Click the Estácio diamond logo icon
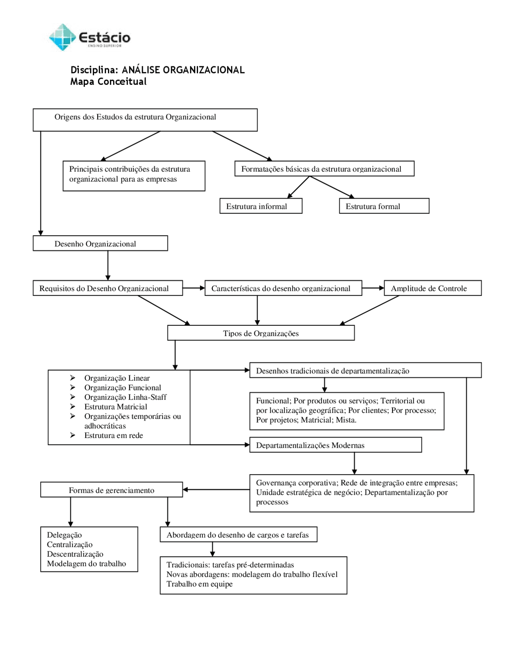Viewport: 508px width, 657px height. click(62, 37)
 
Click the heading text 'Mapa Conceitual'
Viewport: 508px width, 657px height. click(108, 82)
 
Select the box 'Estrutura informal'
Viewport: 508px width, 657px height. click(261, 206)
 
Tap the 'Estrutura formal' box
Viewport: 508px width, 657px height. click(384, 206)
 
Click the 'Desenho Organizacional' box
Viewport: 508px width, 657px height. click(100, 243)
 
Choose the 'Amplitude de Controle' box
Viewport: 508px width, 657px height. click(433, 288)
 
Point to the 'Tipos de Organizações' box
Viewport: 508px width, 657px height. click(261, 333)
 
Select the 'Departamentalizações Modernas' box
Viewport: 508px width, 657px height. click(336, 445)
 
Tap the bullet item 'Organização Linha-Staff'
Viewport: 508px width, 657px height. click(125, 397)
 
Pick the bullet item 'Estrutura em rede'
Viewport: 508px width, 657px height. click(114, 435)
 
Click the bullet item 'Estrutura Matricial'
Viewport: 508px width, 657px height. click(115, 407)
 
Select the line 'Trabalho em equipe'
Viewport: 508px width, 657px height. click(200, 584)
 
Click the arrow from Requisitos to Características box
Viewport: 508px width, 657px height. click(194, 288)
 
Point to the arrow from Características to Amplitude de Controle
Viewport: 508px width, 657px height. click(373, 288)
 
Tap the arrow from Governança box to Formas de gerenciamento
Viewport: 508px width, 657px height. click(216, 490)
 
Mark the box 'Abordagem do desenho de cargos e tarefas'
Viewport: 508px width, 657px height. click(239, 534)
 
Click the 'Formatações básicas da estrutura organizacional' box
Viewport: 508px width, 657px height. click(325, 168)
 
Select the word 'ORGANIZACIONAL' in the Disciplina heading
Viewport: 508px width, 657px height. click(204, 70)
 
